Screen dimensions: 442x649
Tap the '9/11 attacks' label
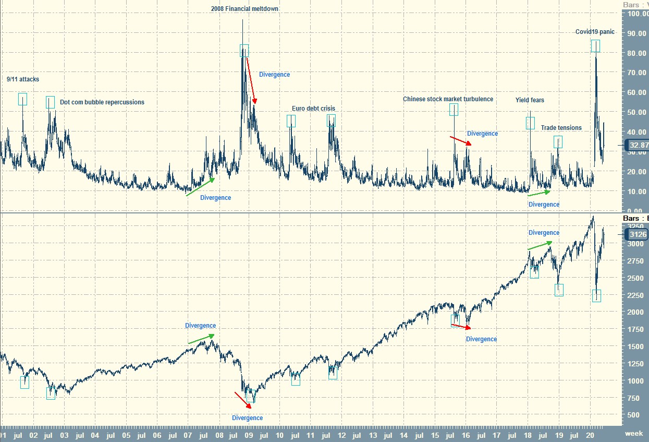pyautogui.click(x=23, y=79)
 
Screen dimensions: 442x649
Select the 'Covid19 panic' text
pyautogui.click(x=595, y=32)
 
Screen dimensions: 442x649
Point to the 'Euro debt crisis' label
pyautogui.click(x=313, y=109)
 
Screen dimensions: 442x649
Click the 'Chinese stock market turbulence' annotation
pyautogui.click(x=448, y=99)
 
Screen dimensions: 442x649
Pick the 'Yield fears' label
pyautogui.click(x=530, y=100)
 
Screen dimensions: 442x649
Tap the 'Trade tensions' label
pyautogui.click(x=561, y=128)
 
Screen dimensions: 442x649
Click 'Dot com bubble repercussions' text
pyautogui.click(x=102, y=102)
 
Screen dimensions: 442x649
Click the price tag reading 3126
pyautogui.click(x=637, y=235)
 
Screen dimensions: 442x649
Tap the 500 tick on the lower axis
pyautogui.click(x=633, y=415)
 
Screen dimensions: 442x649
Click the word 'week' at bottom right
pyautogui.click(x=634, y=434)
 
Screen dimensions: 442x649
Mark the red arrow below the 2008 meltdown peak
pyautogui.click(x=251, y=80)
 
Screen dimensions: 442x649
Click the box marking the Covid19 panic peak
pyautogui.click(x=595, y=46)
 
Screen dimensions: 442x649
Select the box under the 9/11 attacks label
pyautogui.click(x=22, y=99)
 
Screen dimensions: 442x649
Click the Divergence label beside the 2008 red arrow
pyautogui.click(x=274, y=75)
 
